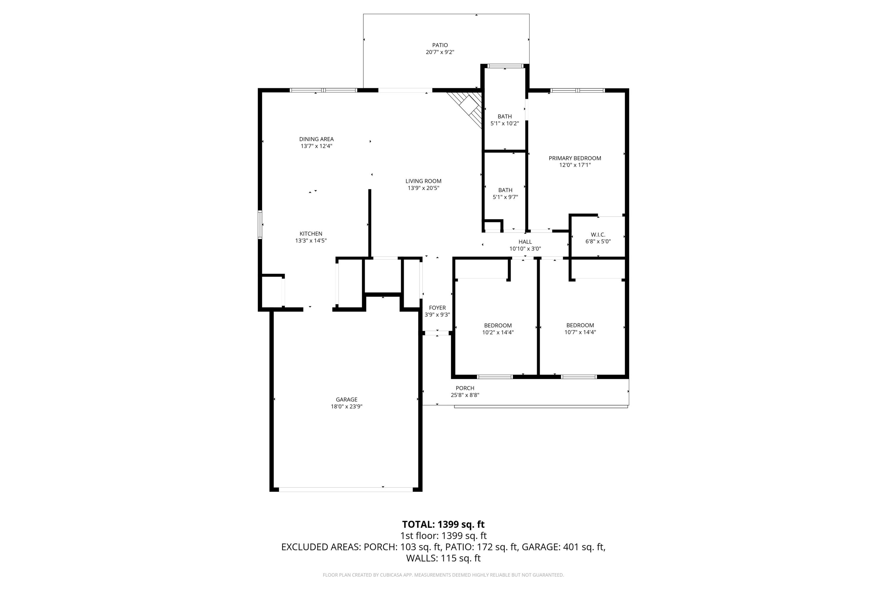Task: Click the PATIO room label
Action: pos(440,45)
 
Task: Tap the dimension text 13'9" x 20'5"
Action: pos(423,188)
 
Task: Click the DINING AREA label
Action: pos(316,139)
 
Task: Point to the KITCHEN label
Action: pos(311,234)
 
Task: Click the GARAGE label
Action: pos(346,400)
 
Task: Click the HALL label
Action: pos(525,242)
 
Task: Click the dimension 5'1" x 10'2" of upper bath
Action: pos(505,124)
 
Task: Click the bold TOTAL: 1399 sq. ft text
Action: pos(443,524)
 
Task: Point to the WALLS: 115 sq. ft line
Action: pos(443,558)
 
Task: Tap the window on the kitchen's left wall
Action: pos(260,225)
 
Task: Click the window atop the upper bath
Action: pos(505,66)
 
